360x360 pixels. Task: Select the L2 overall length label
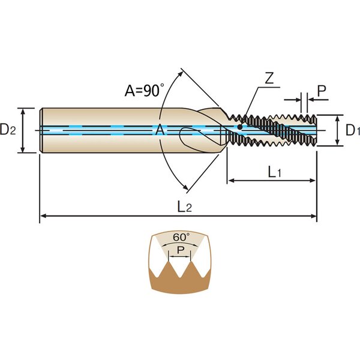pyautogui.click(x=184, y=207)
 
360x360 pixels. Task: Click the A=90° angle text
pyautogui.click(x=144, y=91)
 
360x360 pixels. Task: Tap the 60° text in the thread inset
pyautogui.click(x=181, y=238)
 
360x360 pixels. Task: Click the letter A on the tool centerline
pyautogui.click(x=160, y=130)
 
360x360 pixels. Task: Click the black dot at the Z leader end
pyautogui.click(x=239, y=127)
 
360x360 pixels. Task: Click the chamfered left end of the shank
pyautogui.click(x=41, y=130)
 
